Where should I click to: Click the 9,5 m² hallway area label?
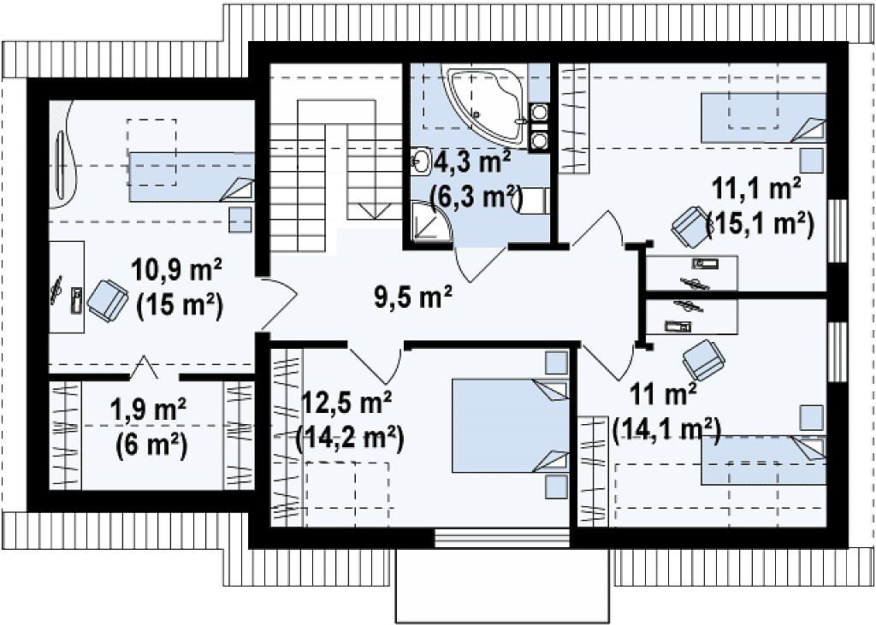click(x=413, y=297)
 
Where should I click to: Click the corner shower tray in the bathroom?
click(x=430, y=221)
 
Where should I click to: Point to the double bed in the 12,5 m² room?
click(x=510, y=426)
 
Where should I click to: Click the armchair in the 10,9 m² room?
click(x=108, y=300)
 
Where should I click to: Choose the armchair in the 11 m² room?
click(x=703, y=360)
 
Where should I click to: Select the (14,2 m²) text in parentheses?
click(x=349, y=439)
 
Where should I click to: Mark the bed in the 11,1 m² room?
click(x=763, y=118)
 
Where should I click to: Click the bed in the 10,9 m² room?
click(x=192, y=176)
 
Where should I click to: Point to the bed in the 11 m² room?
click(x=764, y=460)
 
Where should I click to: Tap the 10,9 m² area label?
click(x=176, y=270)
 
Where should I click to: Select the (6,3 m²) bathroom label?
click(x=476, y=196)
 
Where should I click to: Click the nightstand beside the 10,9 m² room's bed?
click(x=240, y=220)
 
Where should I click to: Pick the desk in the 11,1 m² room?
click(x=692, y=273)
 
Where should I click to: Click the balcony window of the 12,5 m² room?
click(x=502, y=538)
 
